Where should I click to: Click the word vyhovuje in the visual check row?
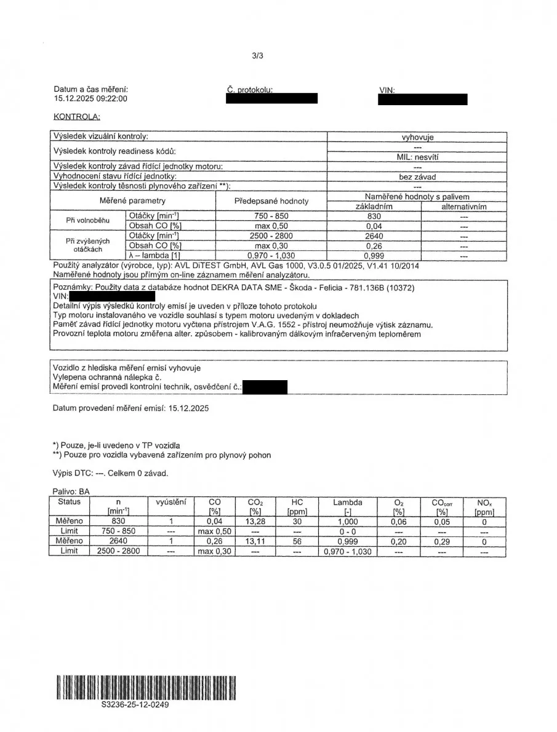[417, 137]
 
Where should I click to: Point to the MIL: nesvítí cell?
[417, 157]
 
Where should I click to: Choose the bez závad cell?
[417, 177]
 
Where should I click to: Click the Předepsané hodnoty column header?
[271, 201]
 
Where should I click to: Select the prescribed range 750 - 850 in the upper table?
[271, 216]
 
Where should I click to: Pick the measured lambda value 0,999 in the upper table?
[374, 255]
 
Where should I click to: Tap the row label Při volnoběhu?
[87, 220]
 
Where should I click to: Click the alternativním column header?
[464, 207]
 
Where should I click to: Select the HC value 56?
[299, 541]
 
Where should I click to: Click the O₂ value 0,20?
[398, 541]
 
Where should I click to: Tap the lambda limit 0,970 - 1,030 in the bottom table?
[348, 551]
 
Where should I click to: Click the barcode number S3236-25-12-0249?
[135, 705]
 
